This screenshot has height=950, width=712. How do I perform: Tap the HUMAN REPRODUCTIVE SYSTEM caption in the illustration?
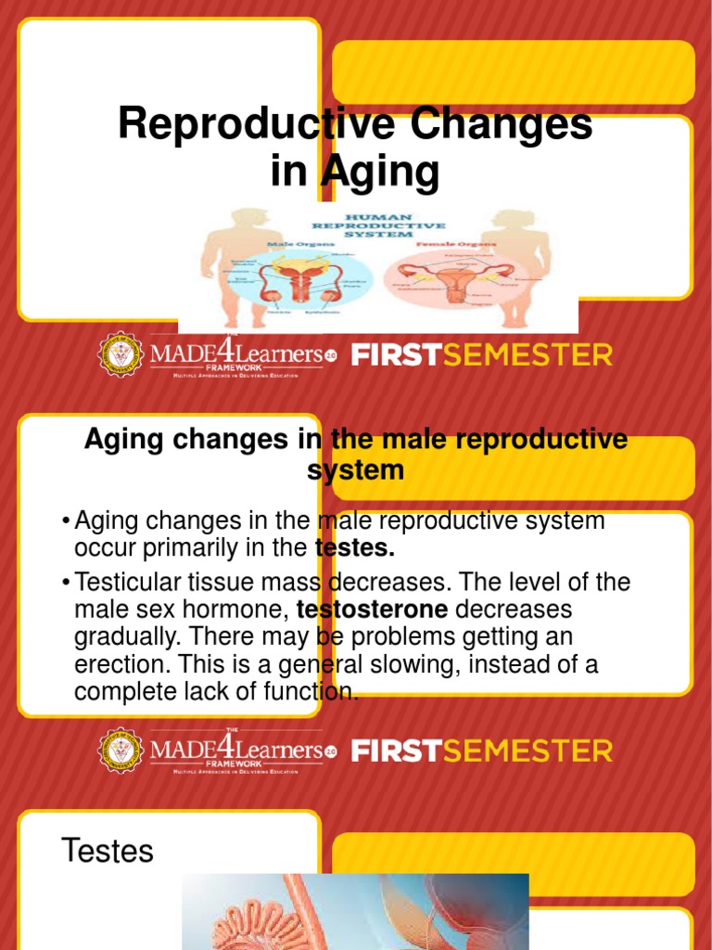377,225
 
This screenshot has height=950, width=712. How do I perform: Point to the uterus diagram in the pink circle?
453,277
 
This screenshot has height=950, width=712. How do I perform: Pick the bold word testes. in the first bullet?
355,548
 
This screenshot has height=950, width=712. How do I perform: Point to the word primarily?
184,548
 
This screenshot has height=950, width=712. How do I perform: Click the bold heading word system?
355,470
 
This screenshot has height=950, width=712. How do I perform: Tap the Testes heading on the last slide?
107,851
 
